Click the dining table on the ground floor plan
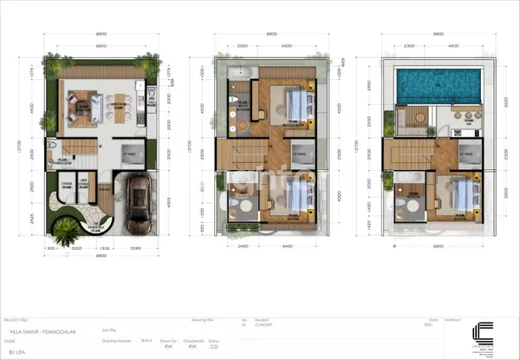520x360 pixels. click(x=114, y=108)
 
